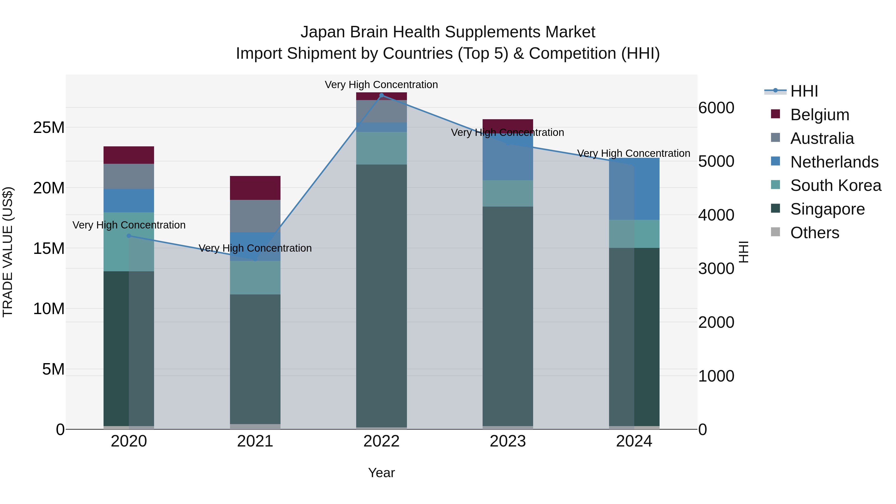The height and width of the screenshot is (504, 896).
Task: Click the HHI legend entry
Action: point(803,91)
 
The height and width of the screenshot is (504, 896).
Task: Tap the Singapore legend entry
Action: point(827,209)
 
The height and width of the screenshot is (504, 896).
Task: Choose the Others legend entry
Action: point(814,233)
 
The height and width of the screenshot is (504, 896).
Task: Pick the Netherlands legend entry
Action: point(834,162)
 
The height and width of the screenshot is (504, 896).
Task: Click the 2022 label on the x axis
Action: point(381,441)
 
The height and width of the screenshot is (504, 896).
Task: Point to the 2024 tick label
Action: point(634,441)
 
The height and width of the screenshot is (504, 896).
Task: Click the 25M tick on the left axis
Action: point(49,128)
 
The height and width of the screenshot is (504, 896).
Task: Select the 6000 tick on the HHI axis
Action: point(716,108)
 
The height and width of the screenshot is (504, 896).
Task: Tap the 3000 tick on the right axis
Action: point(716,269)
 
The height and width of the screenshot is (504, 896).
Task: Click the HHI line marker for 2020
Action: point(129,236)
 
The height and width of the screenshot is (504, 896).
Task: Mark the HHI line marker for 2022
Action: point(381,95)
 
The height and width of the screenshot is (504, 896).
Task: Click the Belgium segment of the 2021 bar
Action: point(255,188)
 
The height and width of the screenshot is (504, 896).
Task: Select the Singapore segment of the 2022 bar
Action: point(381,296)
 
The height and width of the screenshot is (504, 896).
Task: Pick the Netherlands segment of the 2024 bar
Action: point(634,189)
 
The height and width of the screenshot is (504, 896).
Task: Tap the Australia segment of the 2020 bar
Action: point(129,176)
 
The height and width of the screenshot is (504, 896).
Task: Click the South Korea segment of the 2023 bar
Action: point(507,193)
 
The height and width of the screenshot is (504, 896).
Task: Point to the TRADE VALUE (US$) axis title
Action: point(8,252)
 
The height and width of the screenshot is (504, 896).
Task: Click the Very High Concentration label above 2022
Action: point(381,85)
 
